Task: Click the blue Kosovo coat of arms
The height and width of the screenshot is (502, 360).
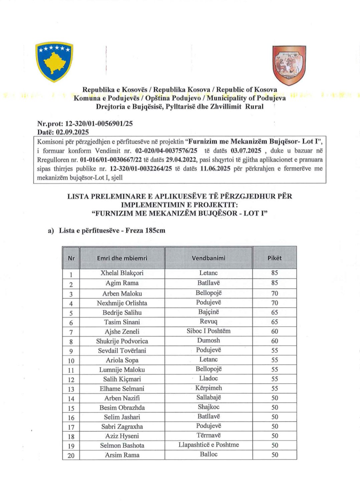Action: [x=54, y=61]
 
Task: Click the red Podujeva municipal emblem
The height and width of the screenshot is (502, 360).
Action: [x=289, y=65]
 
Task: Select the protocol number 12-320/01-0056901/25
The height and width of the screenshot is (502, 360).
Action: [x=99, y=124]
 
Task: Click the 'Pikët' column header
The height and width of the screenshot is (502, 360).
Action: [x=275, y=258]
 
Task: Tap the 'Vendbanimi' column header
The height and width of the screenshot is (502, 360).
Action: [x=208, y=258]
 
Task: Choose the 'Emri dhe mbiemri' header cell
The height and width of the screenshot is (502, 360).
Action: [x=122, y=258]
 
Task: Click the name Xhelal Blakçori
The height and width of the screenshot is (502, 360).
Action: [x=122, y=273]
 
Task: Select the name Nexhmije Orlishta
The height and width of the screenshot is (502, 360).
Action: [x=122, y=303]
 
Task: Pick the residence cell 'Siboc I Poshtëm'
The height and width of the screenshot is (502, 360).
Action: [x=208, y=331]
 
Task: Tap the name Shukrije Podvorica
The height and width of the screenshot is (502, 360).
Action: [x=122, y=341]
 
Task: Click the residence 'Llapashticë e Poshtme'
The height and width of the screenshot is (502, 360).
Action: [x=208, y=445]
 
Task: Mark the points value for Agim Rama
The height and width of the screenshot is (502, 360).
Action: [x=275, y=283]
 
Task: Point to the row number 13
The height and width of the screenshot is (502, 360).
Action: [x=71, y=389]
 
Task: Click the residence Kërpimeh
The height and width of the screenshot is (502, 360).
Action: [x=208, y=388]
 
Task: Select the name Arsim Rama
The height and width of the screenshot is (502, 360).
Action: [x=122, y=455]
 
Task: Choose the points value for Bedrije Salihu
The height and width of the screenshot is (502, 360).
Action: [x=275, y=313]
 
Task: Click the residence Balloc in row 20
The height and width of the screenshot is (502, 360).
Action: [x=208, y=454]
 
